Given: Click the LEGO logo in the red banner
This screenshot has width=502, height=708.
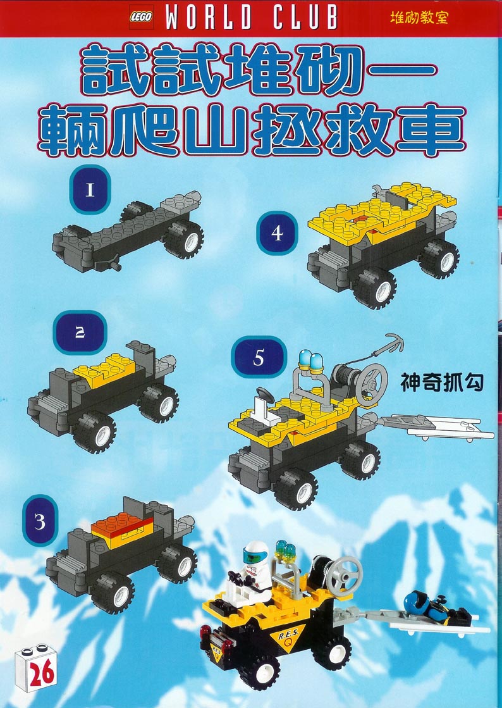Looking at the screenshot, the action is (x=141, y=17).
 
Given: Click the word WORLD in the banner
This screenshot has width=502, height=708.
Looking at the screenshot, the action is (x=209, y=18).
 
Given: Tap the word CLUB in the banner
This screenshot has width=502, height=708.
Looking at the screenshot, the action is (x=305, y=18).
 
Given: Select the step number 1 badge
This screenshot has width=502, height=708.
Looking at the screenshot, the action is (x=90, y=190).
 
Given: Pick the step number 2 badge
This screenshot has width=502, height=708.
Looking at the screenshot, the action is (x=80, y=333).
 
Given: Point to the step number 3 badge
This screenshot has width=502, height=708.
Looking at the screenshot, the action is (x=40, y=521).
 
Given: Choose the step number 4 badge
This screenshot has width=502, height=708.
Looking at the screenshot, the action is (x=278, y=233).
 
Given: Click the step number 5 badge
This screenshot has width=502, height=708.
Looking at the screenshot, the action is (x=259, y=357).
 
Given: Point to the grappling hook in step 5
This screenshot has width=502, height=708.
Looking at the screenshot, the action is (x=391, y=342).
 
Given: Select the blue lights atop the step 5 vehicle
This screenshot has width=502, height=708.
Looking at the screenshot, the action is (x=310, y=360).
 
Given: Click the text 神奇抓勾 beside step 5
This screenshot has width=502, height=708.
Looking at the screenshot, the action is (x=442, y=382).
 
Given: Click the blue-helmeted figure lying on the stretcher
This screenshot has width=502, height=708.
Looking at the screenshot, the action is (x=435, y=606).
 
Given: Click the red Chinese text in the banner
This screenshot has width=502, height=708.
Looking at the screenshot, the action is (x=419, y=18).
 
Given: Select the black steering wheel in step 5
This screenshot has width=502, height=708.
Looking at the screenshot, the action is (x=265, y=395).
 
